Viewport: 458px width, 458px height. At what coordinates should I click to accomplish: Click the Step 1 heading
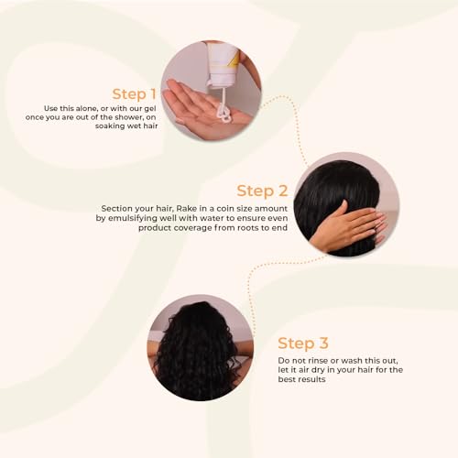[x=135, y=94]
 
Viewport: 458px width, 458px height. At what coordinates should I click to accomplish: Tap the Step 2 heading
[x=262, y=191]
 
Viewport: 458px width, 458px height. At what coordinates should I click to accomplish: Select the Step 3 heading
[x=303, y=343]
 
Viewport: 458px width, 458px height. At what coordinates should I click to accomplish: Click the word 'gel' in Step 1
[x=150, y=109]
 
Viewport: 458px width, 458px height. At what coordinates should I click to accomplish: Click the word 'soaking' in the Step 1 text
[x=109, y=126]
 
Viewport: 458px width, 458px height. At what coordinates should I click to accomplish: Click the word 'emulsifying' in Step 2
[x=133, y=219]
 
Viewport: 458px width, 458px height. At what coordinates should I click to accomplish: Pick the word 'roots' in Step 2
[x=248, y=228]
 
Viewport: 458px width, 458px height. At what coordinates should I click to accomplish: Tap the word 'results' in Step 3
[x=311, y=379]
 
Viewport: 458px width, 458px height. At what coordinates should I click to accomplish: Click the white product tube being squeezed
[x=223, y=64]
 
